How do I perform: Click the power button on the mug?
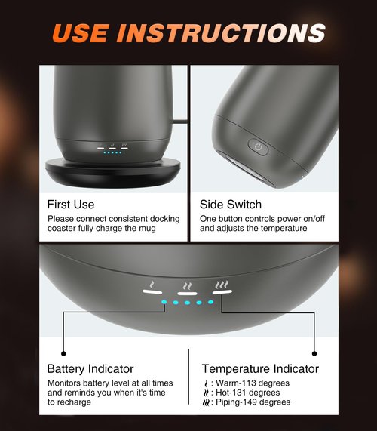point(258,147)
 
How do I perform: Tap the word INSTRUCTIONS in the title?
point(222,33)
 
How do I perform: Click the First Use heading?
point(71,205)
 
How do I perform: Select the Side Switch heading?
point(231,205)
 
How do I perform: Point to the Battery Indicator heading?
point(90,369)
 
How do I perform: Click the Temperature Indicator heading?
point(260,369)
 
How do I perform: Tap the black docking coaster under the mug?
point(113,173)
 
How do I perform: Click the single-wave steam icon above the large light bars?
point(152,285)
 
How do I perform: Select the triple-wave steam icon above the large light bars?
point(222,285)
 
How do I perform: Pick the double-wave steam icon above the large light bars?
point(188,286)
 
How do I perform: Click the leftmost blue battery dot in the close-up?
point(164,302)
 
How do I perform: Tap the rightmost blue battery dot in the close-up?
point(210,302)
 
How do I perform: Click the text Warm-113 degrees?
point(253,383)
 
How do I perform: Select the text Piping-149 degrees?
point(253,402)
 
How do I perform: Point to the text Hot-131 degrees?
point(248,393)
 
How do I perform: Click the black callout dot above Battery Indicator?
point(63,353)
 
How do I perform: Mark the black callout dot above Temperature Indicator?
point(314,353)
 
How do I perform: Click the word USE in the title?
point(80,33)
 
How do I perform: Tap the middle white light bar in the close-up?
point(187,294)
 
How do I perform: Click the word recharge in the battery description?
point(73,402)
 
